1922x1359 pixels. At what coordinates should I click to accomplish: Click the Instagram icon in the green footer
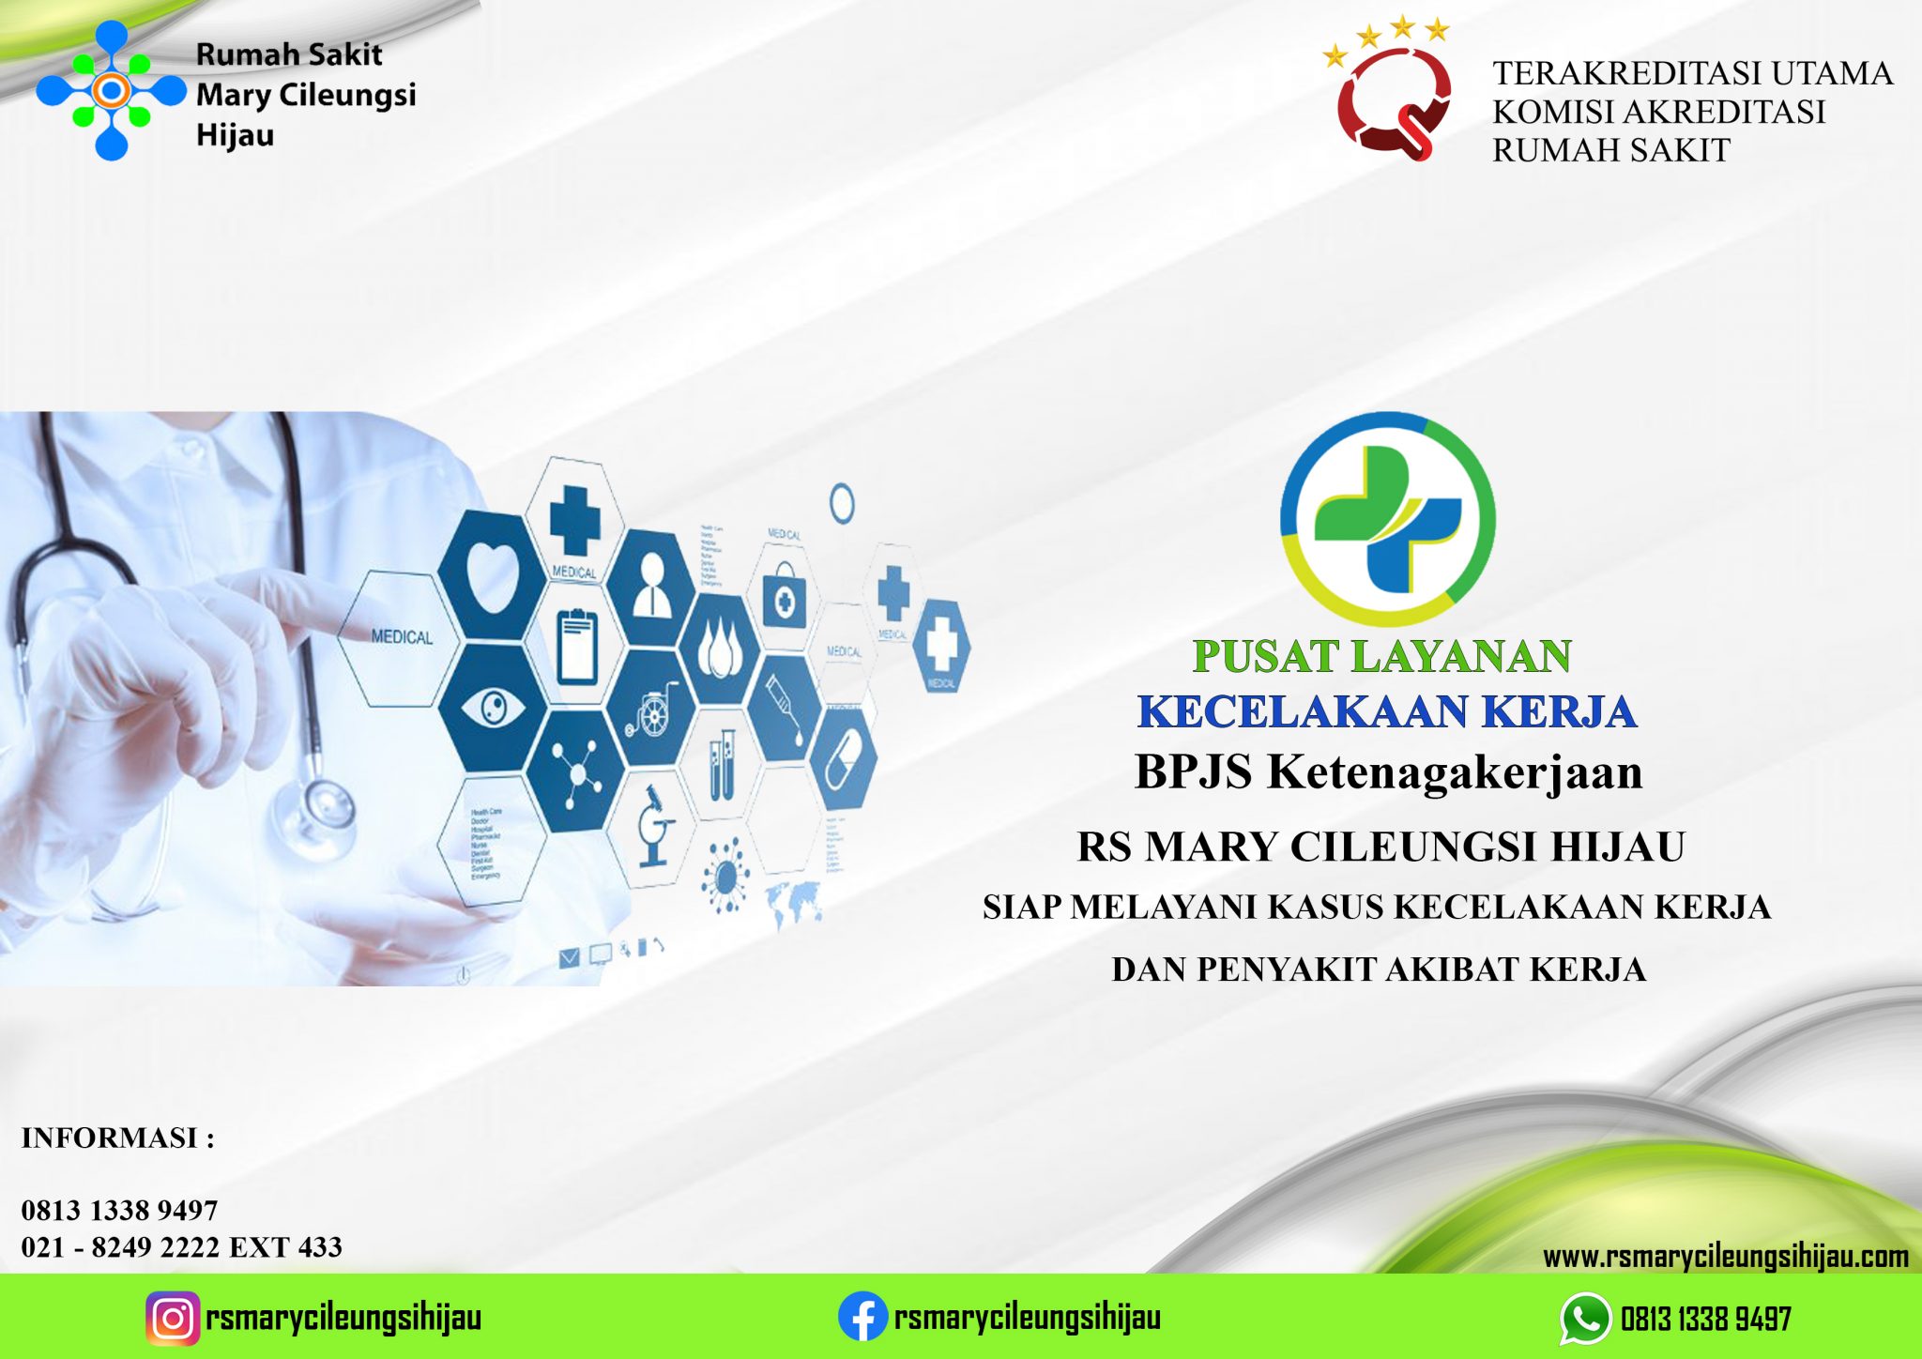(x=173, y=1318)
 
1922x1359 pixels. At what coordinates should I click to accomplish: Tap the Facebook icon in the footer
(x=862, y=1317)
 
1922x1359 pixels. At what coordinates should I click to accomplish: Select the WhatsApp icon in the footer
(x=1585, y=1319)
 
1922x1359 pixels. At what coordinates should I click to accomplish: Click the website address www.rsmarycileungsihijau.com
(x=1725, y=1257)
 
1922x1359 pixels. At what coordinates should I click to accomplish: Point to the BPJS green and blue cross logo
(x=1387, y=519)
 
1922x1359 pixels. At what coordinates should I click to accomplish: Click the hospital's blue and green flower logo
(x=112, y=91)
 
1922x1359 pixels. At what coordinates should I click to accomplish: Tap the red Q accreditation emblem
(x=1394, y=101)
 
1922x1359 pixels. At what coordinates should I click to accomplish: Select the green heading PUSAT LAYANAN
(x=1381, y=656)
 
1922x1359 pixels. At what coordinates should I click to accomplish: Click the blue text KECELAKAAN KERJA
(x=1387, y=711)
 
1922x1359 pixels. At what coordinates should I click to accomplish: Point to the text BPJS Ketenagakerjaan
(x=1388, y=771)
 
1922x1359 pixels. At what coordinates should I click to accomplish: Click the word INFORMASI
(x=110, y=1138)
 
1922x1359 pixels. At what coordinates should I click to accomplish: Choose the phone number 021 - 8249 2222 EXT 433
(x=182, y=1247)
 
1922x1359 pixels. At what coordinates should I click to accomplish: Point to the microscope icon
(x=652, y=826)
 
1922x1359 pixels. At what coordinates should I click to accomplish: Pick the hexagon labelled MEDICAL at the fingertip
(x=402, y=637)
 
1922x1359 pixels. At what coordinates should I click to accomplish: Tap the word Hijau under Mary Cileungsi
(x=236, y=135)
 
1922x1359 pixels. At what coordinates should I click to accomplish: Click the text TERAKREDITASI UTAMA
(x=1692, y=73)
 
